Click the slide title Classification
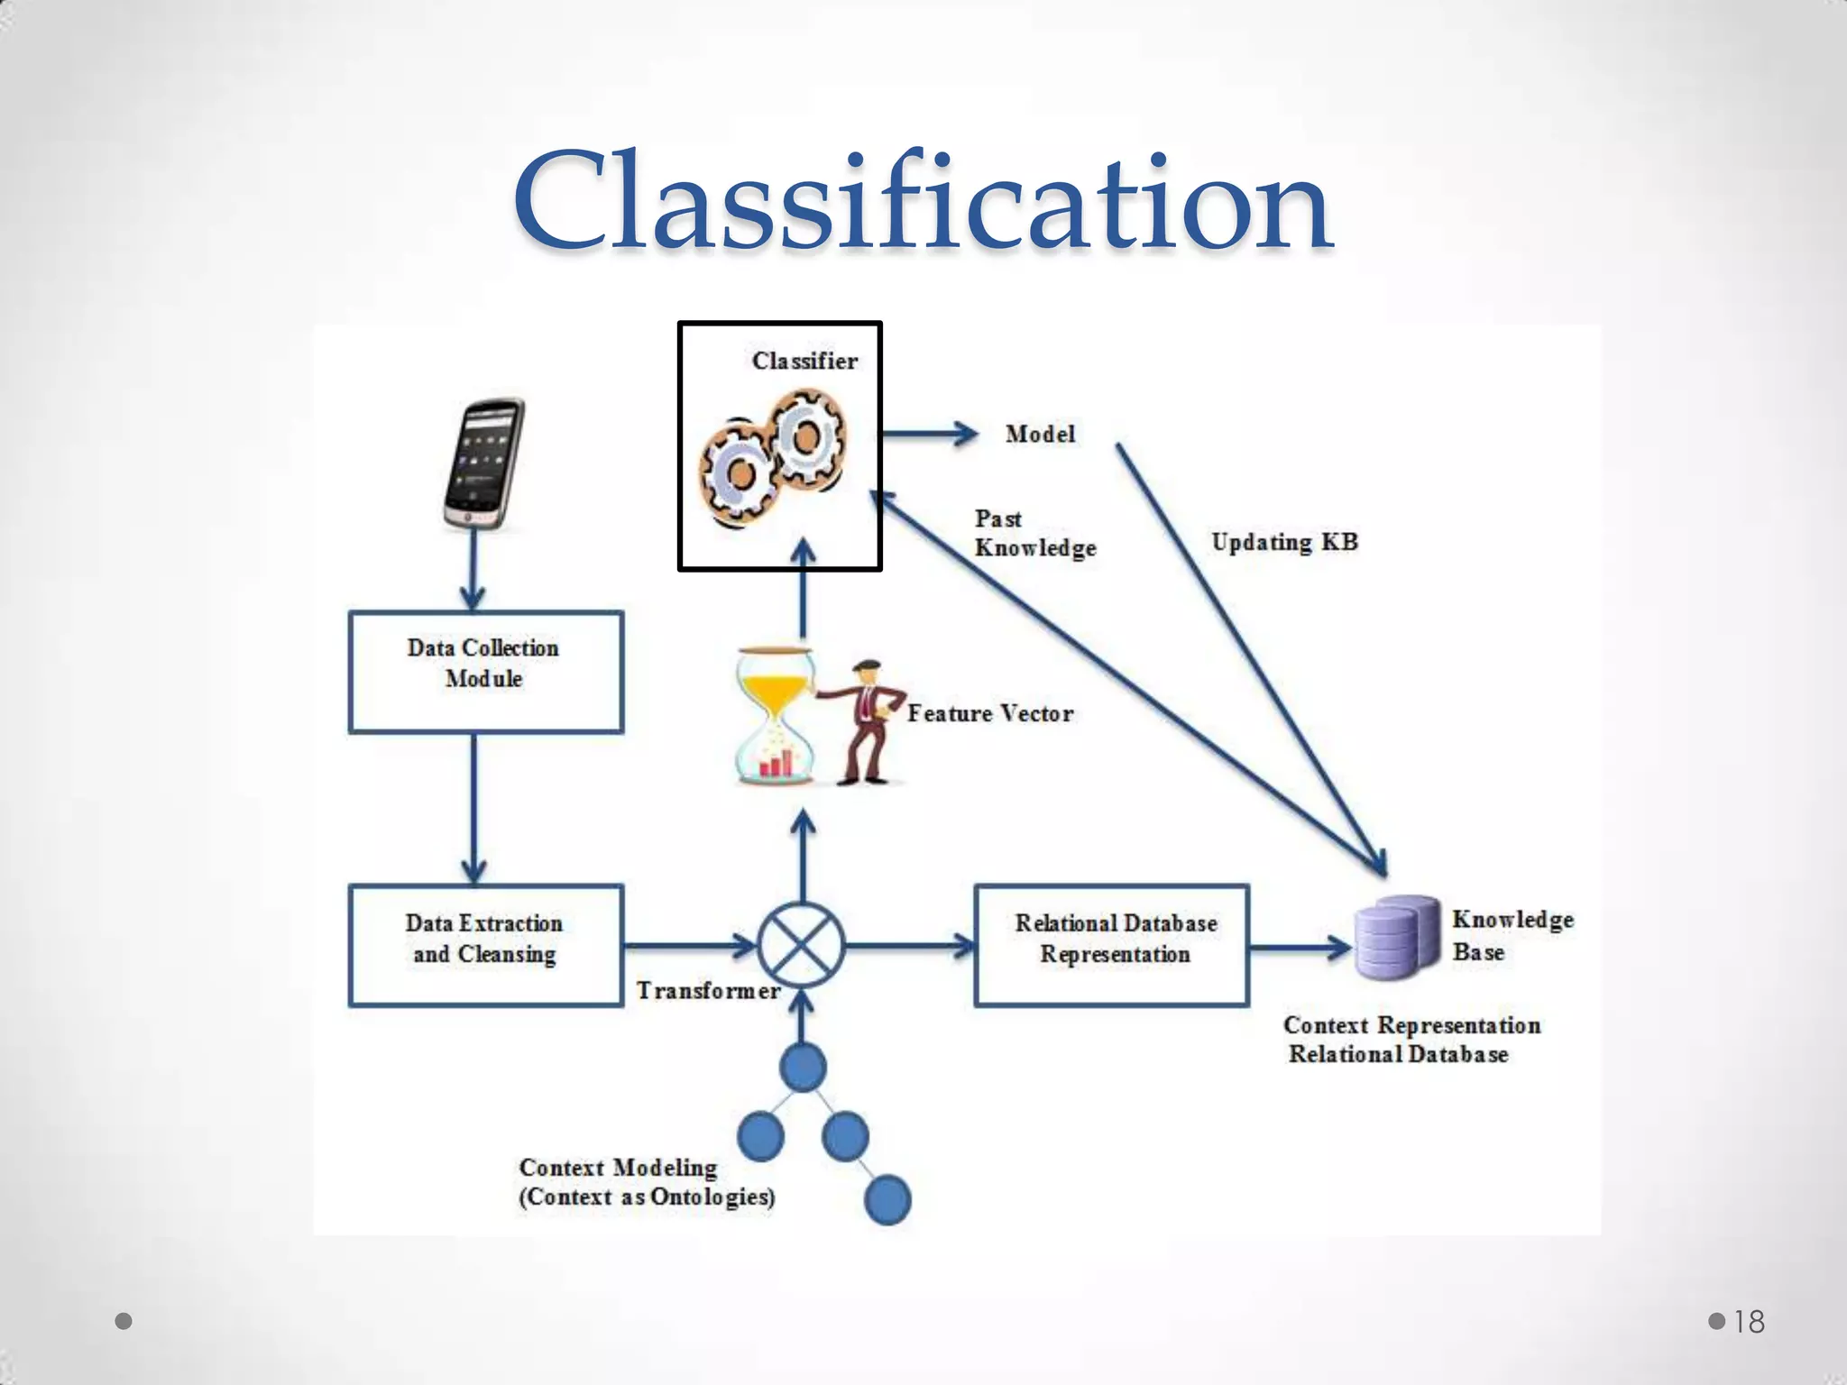coord(922,203)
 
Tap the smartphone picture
coord(484,464)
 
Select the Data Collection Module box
coord(485,672)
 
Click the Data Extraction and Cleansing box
coord(485,944)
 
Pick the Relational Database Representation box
coord(1112,944)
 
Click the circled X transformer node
coord(801,945)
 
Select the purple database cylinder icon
coord(1397,938)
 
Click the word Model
coord(1040,435)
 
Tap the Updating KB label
coord(1283,542)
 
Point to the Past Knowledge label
coord(1034,534)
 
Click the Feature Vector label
coord(990,713)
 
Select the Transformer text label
coord(708,990)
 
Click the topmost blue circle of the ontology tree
coord(802,1067)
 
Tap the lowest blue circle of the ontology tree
coord(887,1199)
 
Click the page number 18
coord(1749,1322)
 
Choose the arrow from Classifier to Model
coord(929,435)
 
